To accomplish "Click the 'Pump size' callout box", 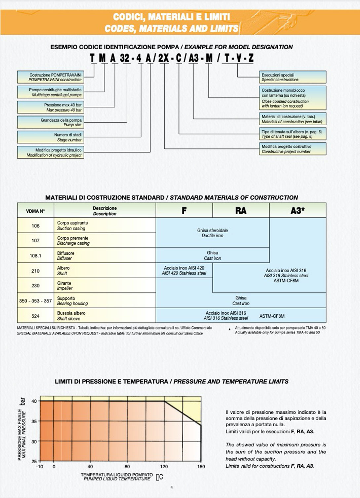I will tap(51, 122).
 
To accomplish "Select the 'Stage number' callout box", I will tap(51, 137).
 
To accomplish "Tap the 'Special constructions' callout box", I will tap(293, 77).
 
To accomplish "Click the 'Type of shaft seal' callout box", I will tap(293, 134).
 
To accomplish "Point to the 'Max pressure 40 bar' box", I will tap(51, 107).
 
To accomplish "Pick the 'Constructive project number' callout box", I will tap(293, 149).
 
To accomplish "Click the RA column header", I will tap(241, 211).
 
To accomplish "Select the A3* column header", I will tap(298, 211).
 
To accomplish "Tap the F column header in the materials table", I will tap(184, 211).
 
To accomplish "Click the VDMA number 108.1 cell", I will tap(35, 255).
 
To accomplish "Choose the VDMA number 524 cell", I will tap(35, 316).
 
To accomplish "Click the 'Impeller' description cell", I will tap(104, 286).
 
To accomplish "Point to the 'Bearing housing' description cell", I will tap(104, 301).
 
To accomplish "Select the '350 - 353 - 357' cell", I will tap(35, 301).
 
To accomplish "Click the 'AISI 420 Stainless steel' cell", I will tap(184, 270).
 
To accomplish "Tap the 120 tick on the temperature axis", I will tap(164, 467).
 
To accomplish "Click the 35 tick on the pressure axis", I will tap(34, 421).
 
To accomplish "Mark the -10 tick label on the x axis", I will tap(40, 467).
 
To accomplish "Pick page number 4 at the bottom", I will tap(171, 487).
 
